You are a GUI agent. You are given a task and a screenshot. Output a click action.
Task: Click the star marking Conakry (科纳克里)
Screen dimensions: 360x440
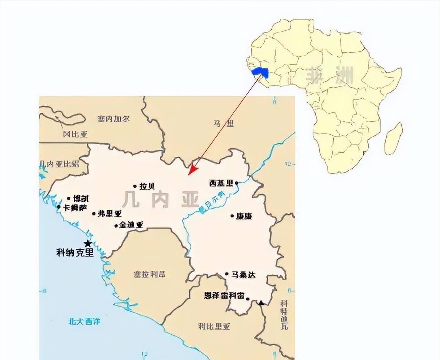(x=87, y=243)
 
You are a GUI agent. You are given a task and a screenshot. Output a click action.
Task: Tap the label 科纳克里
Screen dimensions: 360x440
(x=75, y=252)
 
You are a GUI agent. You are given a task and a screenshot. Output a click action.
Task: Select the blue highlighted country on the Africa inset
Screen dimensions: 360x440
(x=260, y=71)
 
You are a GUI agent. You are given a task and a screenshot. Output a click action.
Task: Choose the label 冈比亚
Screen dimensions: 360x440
(x=75, y=134)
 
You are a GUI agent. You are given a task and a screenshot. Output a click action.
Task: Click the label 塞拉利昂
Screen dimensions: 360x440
(x=149, y=274)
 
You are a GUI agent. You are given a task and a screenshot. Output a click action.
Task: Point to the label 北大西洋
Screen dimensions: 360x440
(x=84, y=321)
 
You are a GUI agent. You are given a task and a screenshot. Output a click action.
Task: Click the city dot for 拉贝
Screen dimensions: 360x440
(x=135, y=186)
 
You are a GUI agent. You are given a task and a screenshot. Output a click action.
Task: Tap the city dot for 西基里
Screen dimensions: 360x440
(x=237, y=183)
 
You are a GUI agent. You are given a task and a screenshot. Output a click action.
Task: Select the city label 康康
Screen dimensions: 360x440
(x=244, y=216)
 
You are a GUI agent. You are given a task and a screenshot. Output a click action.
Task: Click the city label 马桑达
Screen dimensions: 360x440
(x=243, y=275)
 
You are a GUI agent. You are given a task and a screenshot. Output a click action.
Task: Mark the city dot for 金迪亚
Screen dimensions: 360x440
(x=116, y=226)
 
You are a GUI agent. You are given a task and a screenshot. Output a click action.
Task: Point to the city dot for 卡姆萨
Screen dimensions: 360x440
(x=59, y=207)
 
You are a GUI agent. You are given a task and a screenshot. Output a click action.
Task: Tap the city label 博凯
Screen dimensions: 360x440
(x=81, y=199)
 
